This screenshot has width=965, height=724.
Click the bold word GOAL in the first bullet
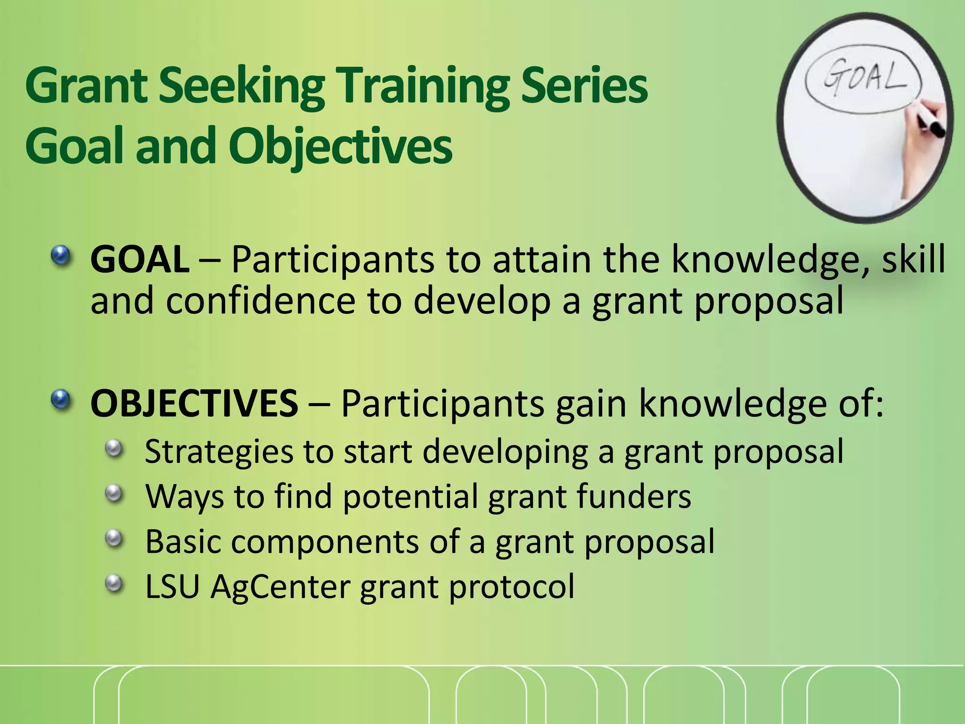click(x=140, y=260)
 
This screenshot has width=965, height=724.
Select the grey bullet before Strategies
click(x=114, y=448)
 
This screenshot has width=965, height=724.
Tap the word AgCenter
click(x=280, y=587)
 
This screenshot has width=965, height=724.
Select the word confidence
click(x=260, y=302)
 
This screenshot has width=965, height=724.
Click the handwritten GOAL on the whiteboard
click(x=864, y=78)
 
